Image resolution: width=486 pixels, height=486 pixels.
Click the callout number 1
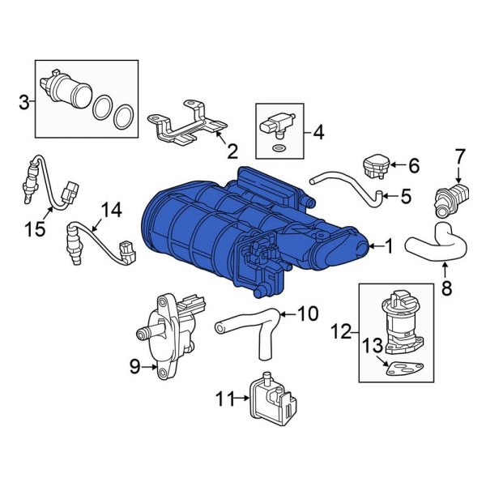390,245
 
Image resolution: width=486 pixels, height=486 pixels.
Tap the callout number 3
24,101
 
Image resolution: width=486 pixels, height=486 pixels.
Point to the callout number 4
318,130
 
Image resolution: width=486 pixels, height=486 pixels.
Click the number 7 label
459,155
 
